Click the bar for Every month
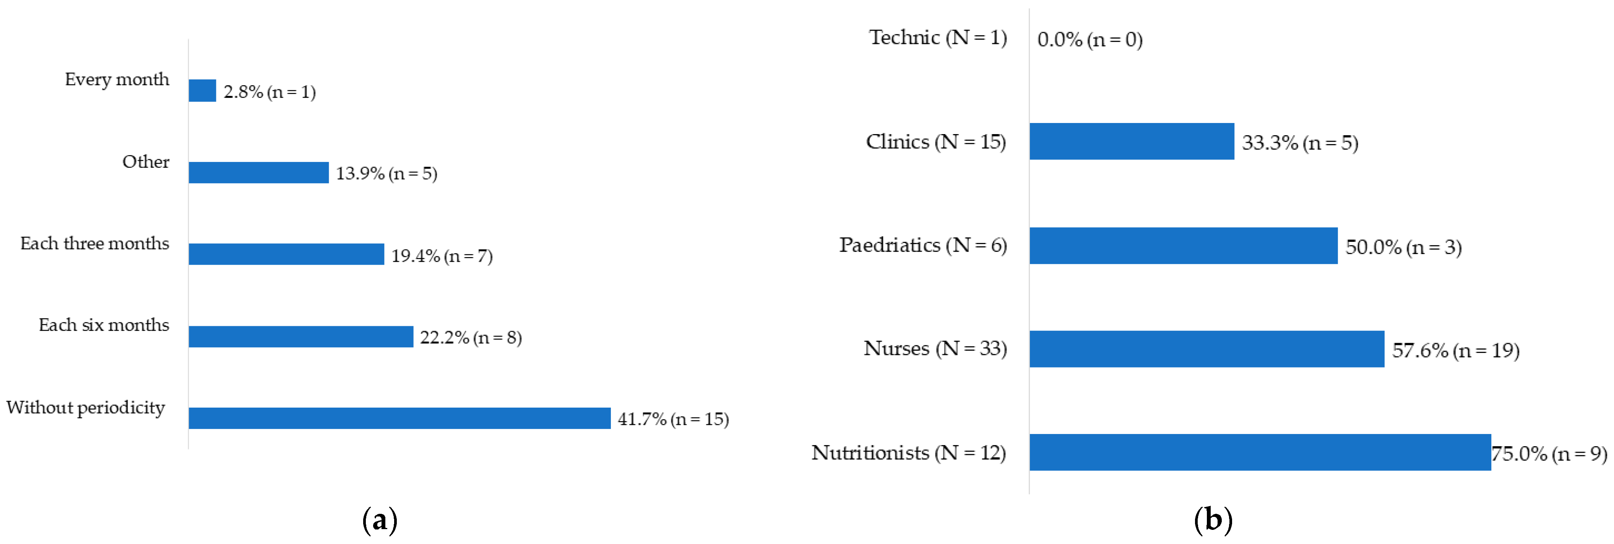[202, 91]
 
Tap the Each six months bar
[301, 337]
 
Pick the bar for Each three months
[286, 254]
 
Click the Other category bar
[259, 173]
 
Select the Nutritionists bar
[1260, 452]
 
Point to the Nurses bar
[1207, 349]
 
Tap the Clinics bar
[1132, 141]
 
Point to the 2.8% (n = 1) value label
[270, 92]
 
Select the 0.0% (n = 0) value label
[1090, 39]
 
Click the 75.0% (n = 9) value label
[1549, 453]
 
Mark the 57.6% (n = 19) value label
[1455, 350]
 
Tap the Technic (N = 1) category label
[938, 37]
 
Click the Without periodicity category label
[86, 408]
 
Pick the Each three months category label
[94, 243]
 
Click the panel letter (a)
[380, 520]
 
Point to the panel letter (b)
[1213, 520]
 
